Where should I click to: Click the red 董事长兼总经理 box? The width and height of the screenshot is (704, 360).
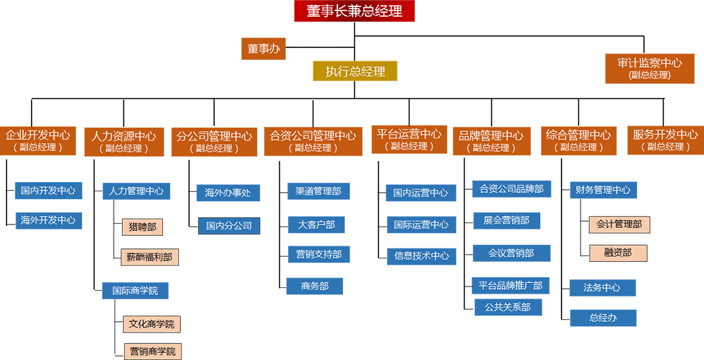[x=354, y=11]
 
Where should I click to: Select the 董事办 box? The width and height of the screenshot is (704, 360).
[x=263, y=49]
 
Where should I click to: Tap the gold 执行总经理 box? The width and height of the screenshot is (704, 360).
[x=355, y=71]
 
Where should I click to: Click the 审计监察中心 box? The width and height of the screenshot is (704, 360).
[x=650, y=68]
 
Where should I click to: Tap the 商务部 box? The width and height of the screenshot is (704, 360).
[x=316, y=285]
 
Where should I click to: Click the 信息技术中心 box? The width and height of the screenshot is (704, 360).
[x=420, y=256]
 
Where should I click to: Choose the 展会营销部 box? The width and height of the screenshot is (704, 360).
[x=506, y=220]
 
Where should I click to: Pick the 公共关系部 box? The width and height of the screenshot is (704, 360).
[x=503, y=307]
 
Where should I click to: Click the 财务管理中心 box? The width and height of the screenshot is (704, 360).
[x=602, y=190]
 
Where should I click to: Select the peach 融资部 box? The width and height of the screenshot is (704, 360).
[x=618, y=253]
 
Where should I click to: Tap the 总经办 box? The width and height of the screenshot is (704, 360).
[x=602, y=318]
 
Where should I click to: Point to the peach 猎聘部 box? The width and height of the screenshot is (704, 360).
[x=142, y=227]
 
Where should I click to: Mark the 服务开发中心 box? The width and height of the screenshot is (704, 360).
[x=665, y=140]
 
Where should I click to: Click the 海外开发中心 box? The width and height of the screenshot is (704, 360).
[x=48, y=220]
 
